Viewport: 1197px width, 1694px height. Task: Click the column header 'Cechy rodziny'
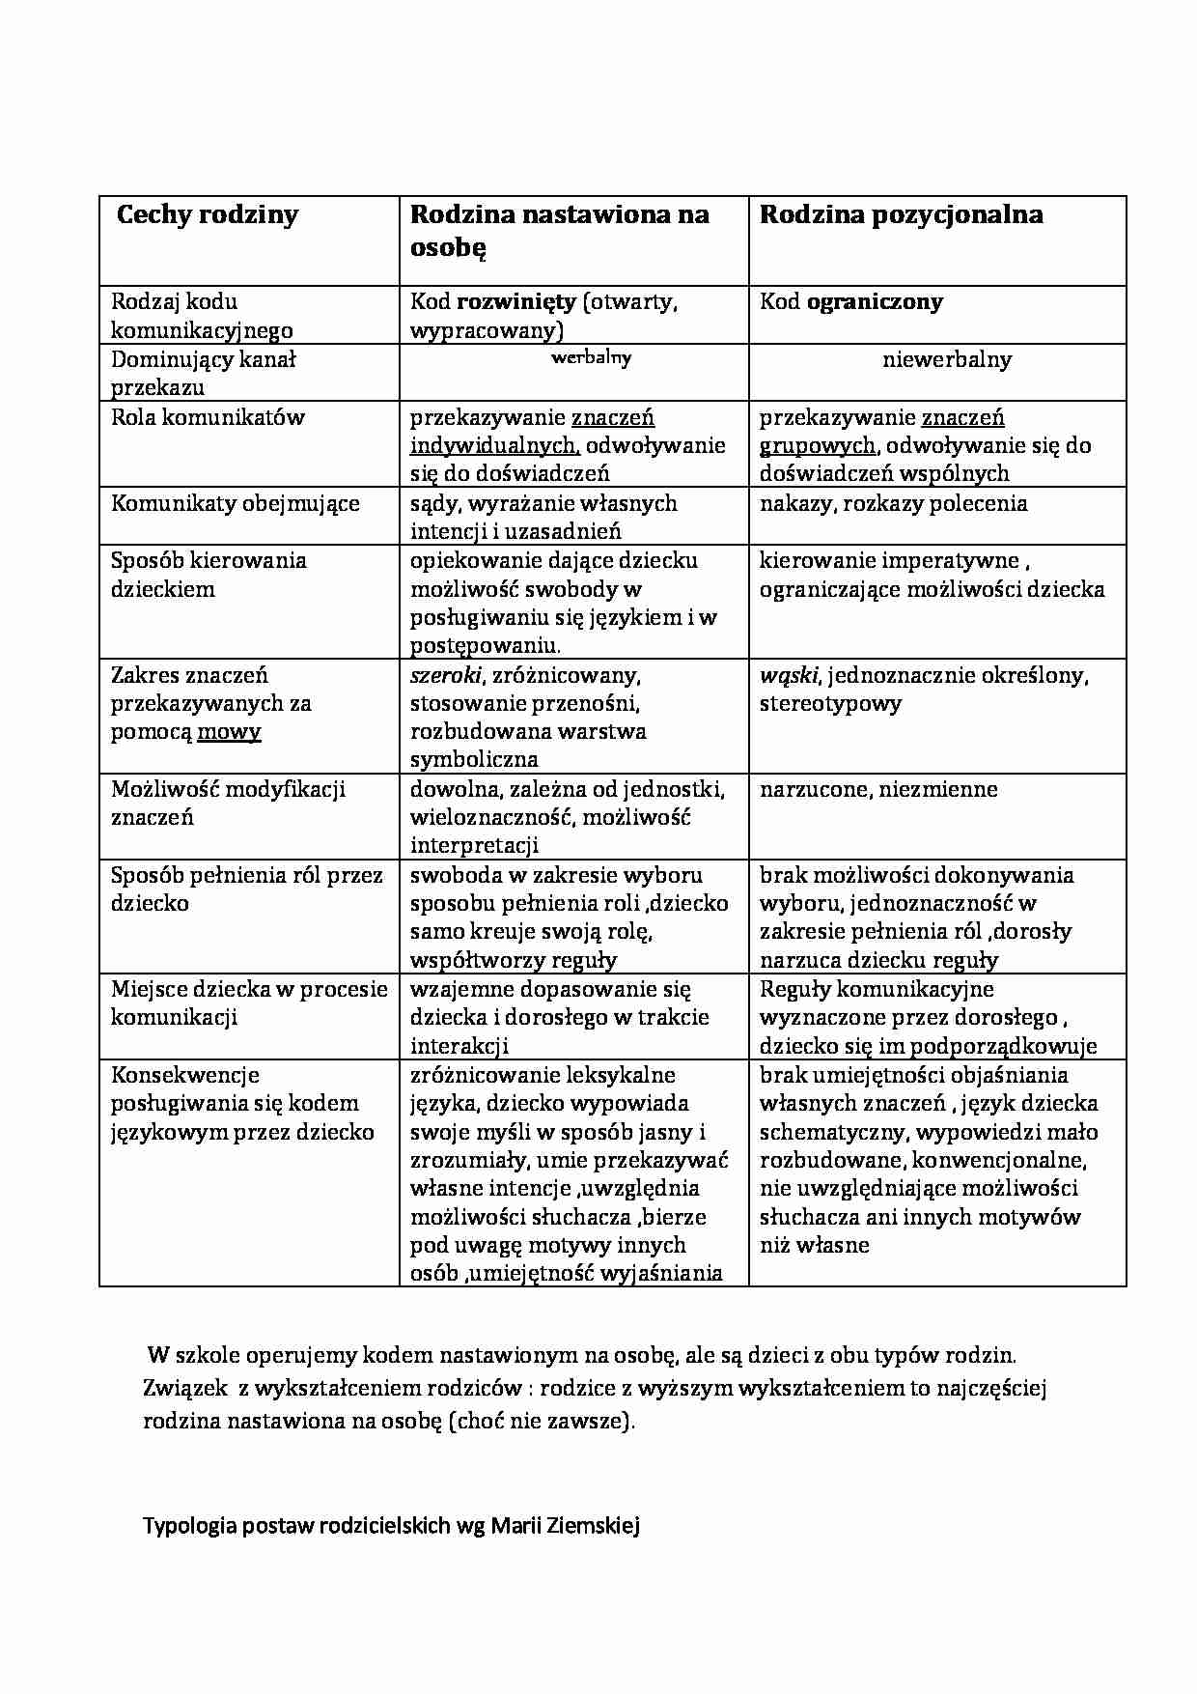tap(207, 214)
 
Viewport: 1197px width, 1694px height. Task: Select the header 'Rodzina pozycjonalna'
tap(901, 214)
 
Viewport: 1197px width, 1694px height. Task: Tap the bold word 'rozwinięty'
tap(515, 301)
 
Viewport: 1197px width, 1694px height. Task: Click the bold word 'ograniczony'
tap(875, 301)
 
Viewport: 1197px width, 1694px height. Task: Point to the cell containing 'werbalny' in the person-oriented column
tap(591, 357)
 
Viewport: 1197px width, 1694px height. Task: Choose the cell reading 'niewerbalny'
tap(946, 359)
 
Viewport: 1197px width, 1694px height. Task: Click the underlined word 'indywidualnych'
tap(494, 445)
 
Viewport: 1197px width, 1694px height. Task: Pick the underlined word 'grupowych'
tap(817, 445)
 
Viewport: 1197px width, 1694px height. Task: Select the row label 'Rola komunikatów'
tap(208, 417)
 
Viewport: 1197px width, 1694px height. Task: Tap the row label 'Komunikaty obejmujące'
tap(235, 503)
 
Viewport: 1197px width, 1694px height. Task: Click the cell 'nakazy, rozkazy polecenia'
tap(893, 503)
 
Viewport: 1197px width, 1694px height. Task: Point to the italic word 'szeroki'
tap(445, 675)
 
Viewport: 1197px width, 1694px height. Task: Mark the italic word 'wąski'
tap(788, 675)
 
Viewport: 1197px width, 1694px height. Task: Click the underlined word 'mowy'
tap(229, 731)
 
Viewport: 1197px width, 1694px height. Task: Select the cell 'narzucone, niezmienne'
tap(878, 789)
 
